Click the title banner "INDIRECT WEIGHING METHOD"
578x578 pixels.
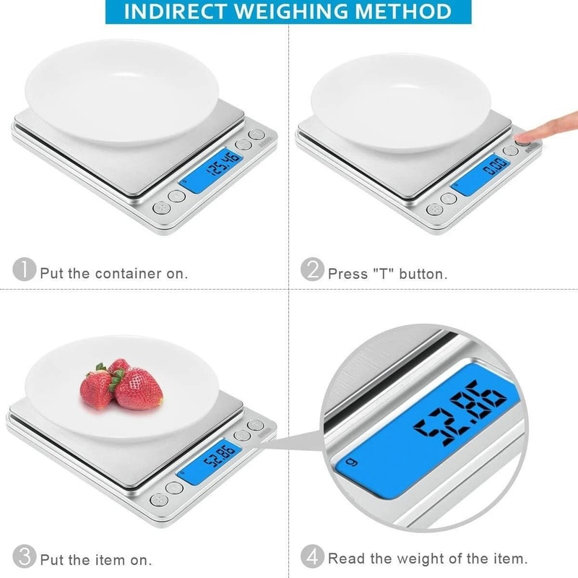pyautogui.click(x=288, y=12)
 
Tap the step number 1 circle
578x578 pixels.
pyautogui.click(x=24, y=270)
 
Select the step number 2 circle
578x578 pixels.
pyautogui.click(x=312, y=270)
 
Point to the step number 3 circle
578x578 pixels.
pyautogui.click(x=24, y=556)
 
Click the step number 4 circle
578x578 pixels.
pyautogui.click(x=312, y=556)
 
